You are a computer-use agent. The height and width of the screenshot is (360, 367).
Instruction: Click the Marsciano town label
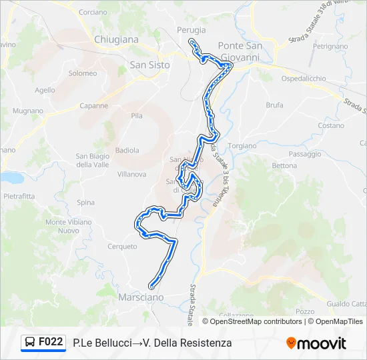click(141, 297)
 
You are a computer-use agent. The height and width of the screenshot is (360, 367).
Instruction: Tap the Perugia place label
click(192, 30)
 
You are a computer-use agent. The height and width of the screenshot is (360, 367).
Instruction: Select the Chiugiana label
click(116, 39)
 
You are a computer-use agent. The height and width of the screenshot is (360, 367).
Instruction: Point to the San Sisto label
click(149, 65)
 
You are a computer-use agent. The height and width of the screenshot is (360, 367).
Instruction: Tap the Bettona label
click(284, 165)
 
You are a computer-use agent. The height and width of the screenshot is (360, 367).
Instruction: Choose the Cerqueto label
click(122, 246)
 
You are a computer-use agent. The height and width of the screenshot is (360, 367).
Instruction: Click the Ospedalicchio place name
click(304, 79)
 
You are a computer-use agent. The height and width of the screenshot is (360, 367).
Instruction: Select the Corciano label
click(93, 12)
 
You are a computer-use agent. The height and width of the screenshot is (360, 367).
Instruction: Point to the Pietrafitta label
click(19, 197)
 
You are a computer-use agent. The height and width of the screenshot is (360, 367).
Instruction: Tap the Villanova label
click(131, 174)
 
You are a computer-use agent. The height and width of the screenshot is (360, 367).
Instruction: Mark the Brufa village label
click(274, 105)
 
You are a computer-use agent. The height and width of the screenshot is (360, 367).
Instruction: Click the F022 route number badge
click(51, 343)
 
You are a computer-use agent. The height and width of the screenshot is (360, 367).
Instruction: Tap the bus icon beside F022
click(30, 343)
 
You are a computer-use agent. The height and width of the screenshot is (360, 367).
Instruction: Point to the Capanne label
click(94, 105)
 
